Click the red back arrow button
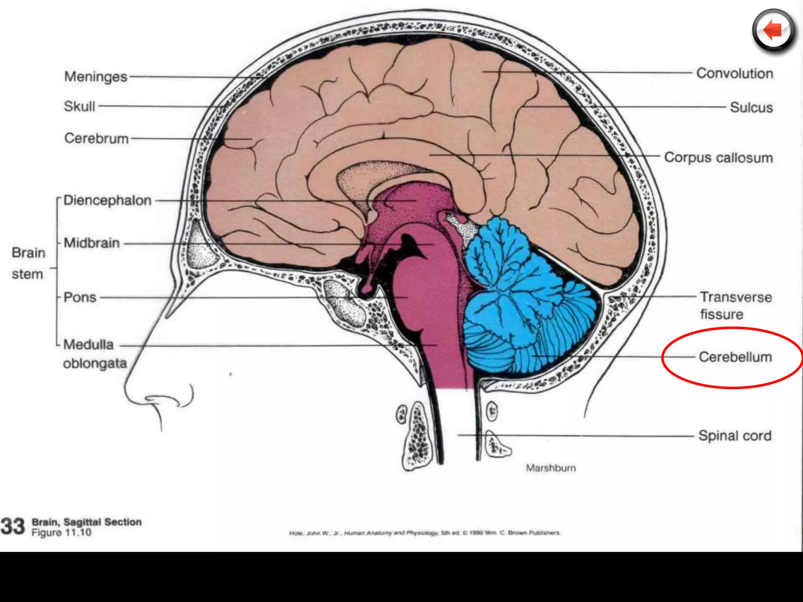coord(773,31)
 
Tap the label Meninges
coord(96,76)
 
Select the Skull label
coord(80,106)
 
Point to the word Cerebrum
coord(96,138)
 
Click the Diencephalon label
coord(107,200)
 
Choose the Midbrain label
coord(92,243)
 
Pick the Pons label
coord(80,297)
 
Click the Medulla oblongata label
coord(94,354)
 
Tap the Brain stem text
coord(28,263)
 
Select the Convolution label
coord(734,73)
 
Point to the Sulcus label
coord(751,107)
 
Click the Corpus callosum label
coord(718,158)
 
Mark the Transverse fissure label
coord(736,306)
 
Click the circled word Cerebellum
coord(735,357)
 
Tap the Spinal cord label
coord(735,435)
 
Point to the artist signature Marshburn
coord(551,468)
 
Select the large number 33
coord(13,526)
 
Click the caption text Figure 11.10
coord(62,533)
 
